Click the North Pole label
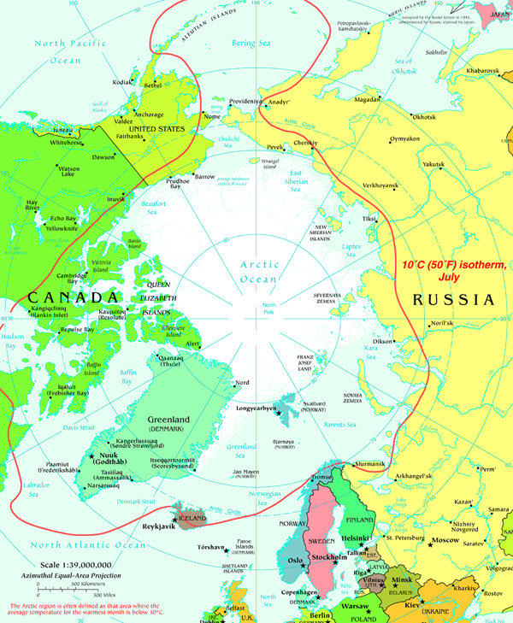[x=270, y=309]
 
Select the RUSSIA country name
[x=452, y=300]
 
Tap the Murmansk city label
[x=370, y=463]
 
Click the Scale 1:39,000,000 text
[x=85, y=566]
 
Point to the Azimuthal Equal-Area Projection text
[x=85, y=578]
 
